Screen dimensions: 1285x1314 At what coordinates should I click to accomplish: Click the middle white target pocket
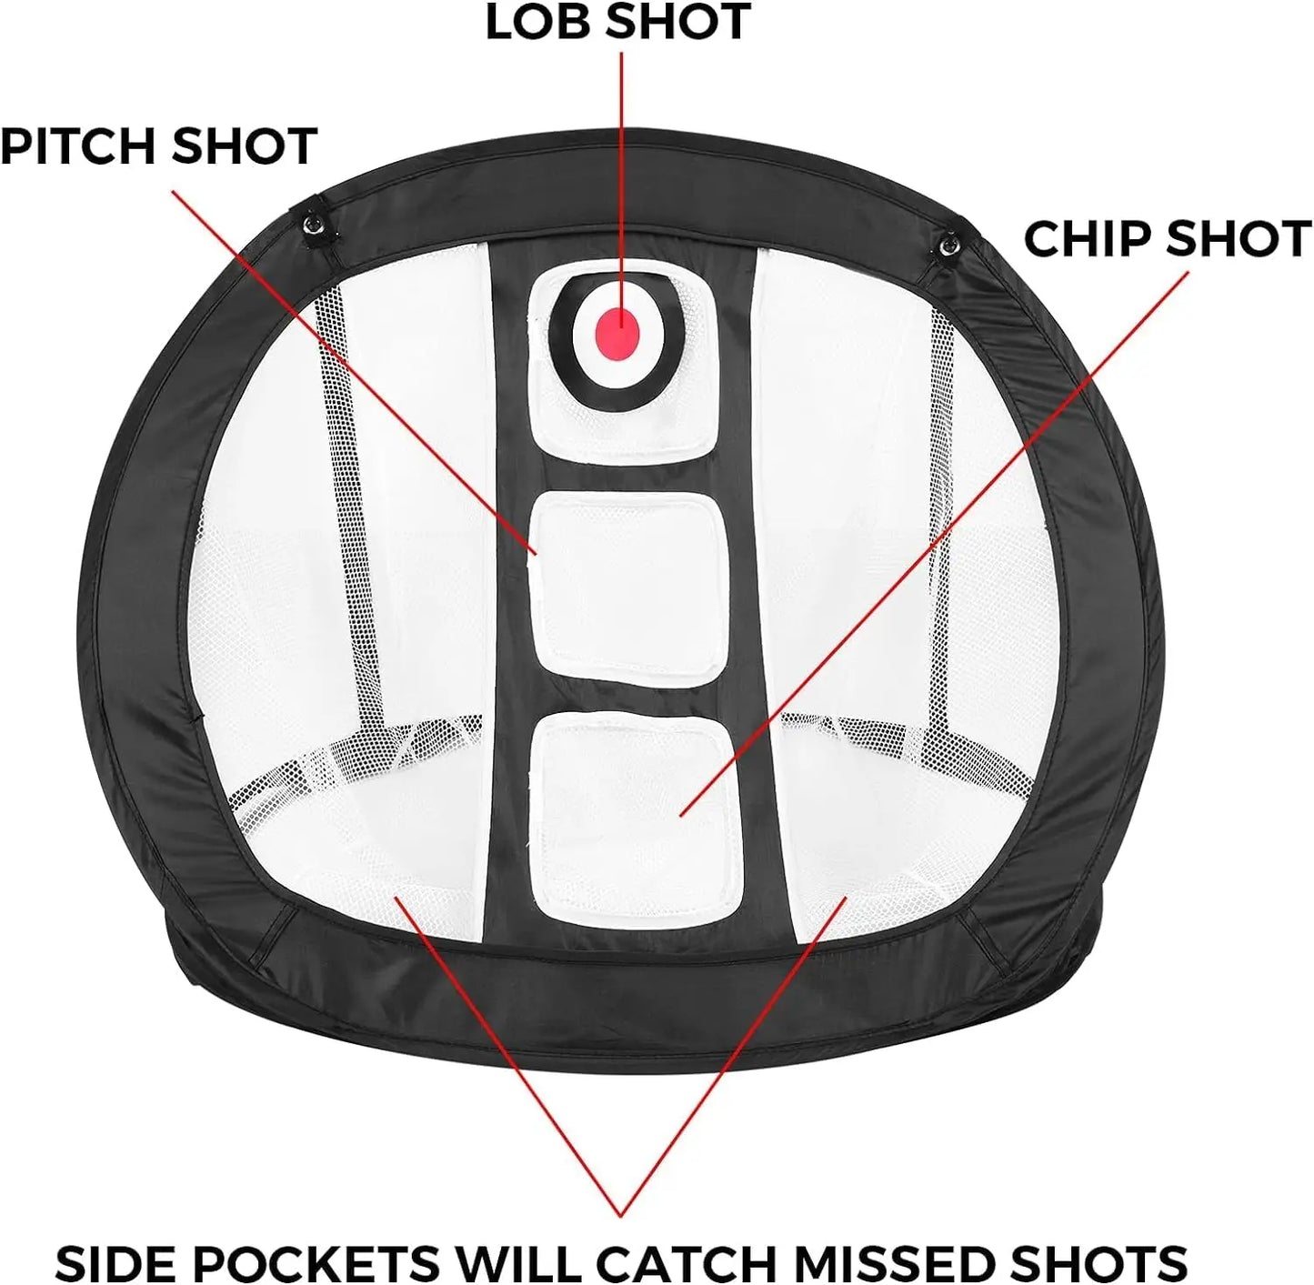point(627,584)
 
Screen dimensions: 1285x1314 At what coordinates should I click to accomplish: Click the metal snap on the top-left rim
point(315,223)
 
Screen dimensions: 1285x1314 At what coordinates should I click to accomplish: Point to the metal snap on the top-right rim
point(948,243)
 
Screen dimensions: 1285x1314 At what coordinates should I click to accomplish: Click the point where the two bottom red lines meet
point(621,1214)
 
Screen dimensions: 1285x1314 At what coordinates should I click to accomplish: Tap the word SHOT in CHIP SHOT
point(1238,239)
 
